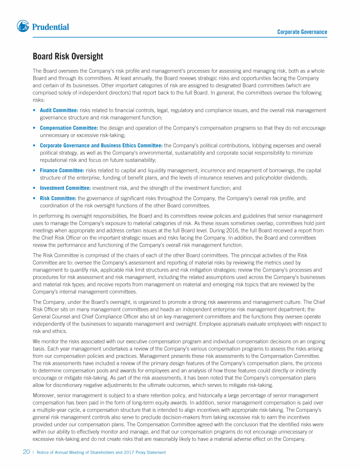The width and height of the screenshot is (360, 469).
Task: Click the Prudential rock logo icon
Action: (23, 26)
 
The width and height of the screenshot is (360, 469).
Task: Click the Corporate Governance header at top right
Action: (302, 32)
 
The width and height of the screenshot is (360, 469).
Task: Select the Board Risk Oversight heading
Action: (68, 57)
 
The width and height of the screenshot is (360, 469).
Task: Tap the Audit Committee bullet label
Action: (59, 110)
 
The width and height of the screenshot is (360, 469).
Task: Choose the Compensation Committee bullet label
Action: (69, 128)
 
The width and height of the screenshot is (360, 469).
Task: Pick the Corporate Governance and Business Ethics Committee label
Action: (101, 145)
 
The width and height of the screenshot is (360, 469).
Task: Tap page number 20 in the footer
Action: (27, 452)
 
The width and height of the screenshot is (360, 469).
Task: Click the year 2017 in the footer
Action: (127, 453)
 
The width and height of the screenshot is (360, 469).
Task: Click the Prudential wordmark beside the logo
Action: (51, 27)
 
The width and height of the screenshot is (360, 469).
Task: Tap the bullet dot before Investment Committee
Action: (35, 188)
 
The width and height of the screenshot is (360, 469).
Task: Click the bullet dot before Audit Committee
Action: (35, 110)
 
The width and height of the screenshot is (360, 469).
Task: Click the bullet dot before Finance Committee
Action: (35, 170)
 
